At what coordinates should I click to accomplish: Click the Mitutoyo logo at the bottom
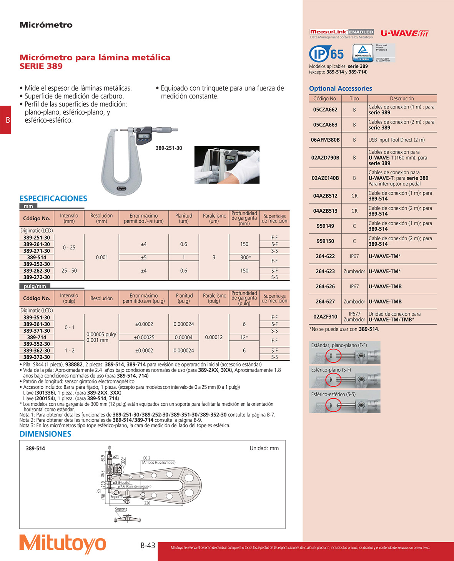[x=63, y=544]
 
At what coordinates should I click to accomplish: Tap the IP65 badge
[x=326, y=54]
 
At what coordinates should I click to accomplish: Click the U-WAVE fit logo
[x=404, y=33]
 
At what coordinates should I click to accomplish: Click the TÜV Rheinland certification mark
[x=363, y=53]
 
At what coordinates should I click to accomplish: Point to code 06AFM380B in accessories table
[x=325, y=140]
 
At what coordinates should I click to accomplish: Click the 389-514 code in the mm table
[x=37, y=257]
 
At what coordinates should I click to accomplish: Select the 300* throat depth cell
[x=244, y=257]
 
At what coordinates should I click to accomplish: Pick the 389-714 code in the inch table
[x=37, y=337]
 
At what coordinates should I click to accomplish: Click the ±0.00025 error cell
[x=144, y=337]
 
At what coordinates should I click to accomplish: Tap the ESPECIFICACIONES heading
[x=53, y=198]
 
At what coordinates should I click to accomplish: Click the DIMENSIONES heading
[x=45, y=434]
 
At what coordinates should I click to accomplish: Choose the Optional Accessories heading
[x=341, y=88]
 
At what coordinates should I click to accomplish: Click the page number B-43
[x=148, y=545]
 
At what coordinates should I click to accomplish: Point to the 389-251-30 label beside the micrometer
[x=169, y=148]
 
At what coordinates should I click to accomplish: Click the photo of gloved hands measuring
[x=227, y=165]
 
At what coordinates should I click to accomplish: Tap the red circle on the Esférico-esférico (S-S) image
[x=333, y=405]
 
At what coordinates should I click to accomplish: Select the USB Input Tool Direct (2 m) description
[x=396, y=140]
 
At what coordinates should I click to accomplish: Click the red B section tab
[x=6, y=120]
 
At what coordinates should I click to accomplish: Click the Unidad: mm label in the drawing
[x=264, y=448]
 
